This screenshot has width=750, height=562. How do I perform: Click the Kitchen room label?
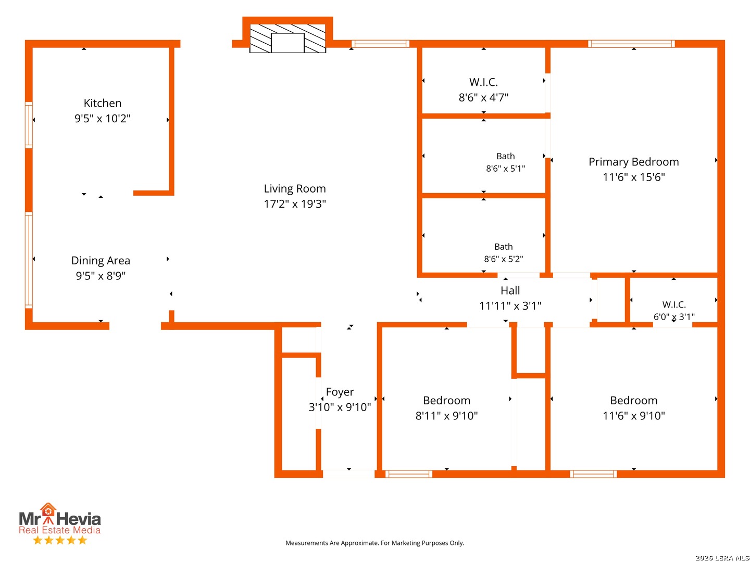(x=102, y=103)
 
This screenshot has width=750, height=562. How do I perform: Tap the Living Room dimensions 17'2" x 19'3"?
(x=295, y=204)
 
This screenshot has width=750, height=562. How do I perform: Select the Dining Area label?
(x=101, y=260)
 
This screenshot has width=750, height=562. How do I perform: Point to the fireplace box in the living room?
(x=287, y=39)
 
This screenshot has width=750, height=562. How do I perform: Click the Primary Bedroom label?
(x=633, y=162)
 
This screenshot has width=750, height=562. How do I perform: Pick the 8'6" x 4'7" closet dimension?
(x=483, y=98)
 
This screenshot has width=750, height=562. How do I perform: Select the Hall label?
(x=510, y=290)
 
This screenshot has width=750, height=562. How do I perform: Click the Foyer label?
(x=340, y=392)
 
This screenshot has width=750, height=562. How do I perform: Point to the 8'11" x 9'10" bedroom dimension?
(x=446, y=416)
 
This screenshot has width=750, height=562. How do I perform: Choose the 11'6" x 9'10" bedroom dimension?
(x=633, y=416)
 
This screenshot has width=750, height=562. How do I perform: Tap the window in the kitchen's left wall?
(x=29, y=125)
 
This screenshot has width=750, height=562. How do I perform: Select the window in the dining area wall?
(x=29, y=260)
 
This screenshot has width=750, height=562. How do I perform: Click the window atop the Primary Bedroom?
(x=631, y=44)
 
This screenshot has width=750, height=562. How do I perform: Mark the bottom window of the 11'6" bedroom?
(x=593, y=474)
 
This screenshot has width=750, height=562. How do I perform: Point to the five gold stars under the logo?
(x=60, y=540)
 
